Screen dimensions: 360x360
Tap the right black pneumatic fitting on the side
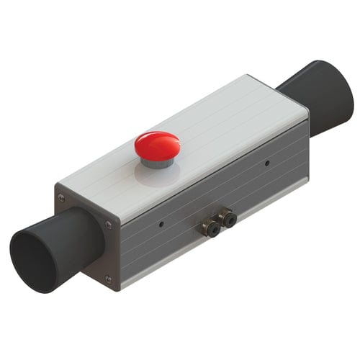(229, 219)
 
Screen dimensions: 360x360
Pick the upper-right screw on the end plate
(109, 225)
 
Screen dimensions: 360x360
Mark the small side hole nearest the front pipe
(161, 225)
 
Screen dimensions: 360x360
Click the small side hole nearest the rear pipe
(267, 163)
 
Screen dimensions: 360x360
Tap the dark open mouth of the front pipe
(33, 258)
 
